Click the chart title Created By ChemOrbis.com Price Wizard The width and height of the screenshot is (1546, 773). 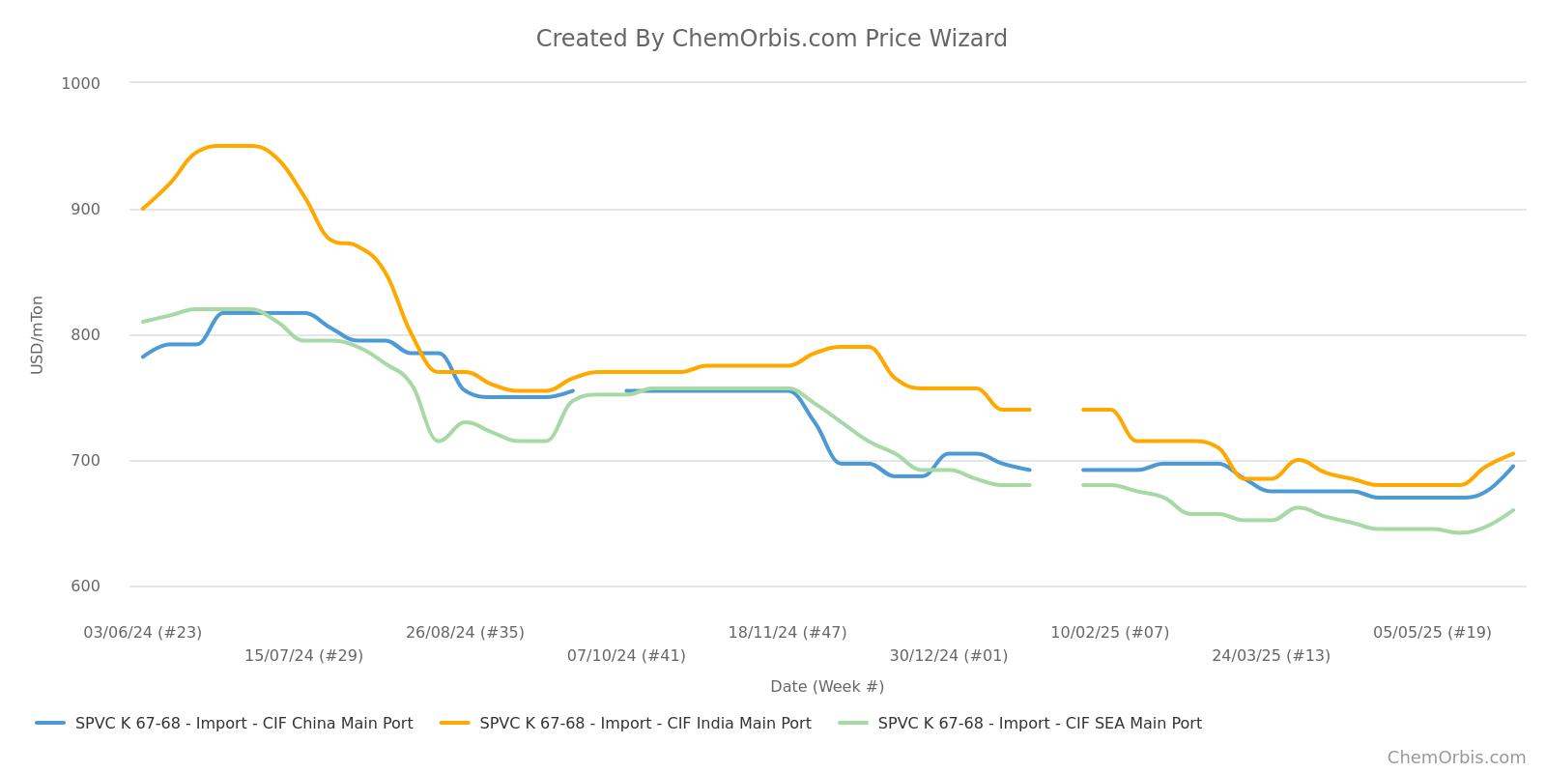point(771,39)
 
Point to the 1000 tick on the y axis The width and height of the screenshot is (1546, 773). point(80,83)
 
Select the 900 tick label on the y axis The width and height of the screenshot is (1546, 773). point(84,209)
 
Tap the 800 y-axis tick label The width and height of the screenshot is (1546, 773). point(84,335)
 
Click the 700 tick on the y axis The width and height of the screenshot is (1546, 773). point(84,461)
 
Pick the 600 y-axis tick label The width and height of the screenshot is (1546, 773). point(84,587)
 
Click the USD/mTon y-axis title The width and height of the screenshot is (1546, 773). point(38,334)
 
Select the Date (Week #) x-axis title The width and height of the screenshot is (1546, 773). point(826,687)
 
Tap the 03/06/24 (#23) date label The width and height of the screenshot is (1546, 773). point(143,633)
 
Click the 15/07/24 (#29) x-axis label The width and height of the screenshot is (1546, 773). point(303,656)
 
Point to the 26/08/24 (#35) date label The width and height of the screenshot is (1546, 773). point(465,633)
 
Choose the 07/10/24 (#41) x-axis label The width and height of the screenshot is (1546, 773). point(626,656)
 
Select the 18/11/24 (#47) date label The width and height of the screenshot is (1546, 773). point(787,633)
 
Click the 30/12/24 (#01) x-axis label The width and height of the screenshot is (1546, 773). point(948,656)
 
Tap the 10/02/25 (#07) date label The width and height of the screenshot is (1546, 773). point(1109,633)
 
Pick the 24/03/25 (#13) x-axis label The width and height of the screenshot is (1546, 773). point(1271,656)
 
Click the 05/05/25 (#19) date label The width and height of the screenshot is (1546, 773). point(1432,633)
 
